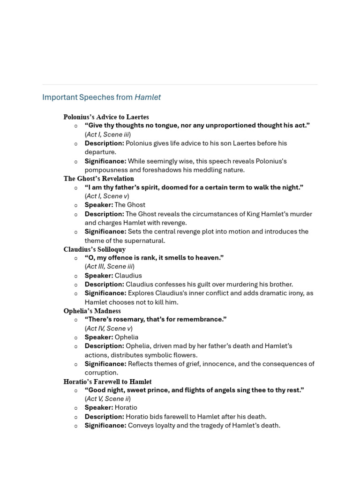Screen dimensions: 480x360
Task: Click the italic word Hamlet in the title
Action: click(148, 97)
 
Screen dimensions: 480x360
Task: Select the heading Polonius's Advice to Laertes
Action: click(106, 117)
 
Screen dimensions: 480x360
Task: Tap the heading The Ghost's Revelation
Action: click(98, 179)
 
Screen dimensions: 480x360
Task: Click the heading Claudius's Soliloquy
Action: click(94, 249)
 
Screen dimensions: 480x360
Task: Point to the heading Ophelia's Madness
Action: click(92, 311)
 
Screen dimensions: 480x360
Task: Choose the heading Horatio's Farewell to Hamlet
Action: click(107, 382)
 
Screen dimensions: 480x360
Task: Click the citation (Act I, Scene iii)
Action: click(107, 135)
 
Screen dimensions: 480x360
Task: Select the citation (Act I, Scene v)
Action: click(106, 196)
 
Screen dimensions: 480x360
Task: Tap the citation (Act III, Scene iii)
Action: click(109, 266)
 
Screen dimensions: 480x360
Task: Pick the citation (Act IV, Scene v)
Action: click(108, 328)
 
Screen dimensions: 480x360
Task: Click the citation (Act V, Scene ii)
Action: click(107, 399)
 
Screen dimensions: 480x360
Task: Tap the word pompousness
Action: click(106, 170)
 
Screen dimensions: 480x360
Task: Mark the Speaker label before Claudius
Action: click(98, 276)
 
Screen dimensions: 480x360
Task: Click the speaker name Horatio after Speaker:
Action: click(126, 408)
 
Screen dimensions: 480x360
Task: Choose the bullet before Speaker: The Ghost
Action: click(76, 205)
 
